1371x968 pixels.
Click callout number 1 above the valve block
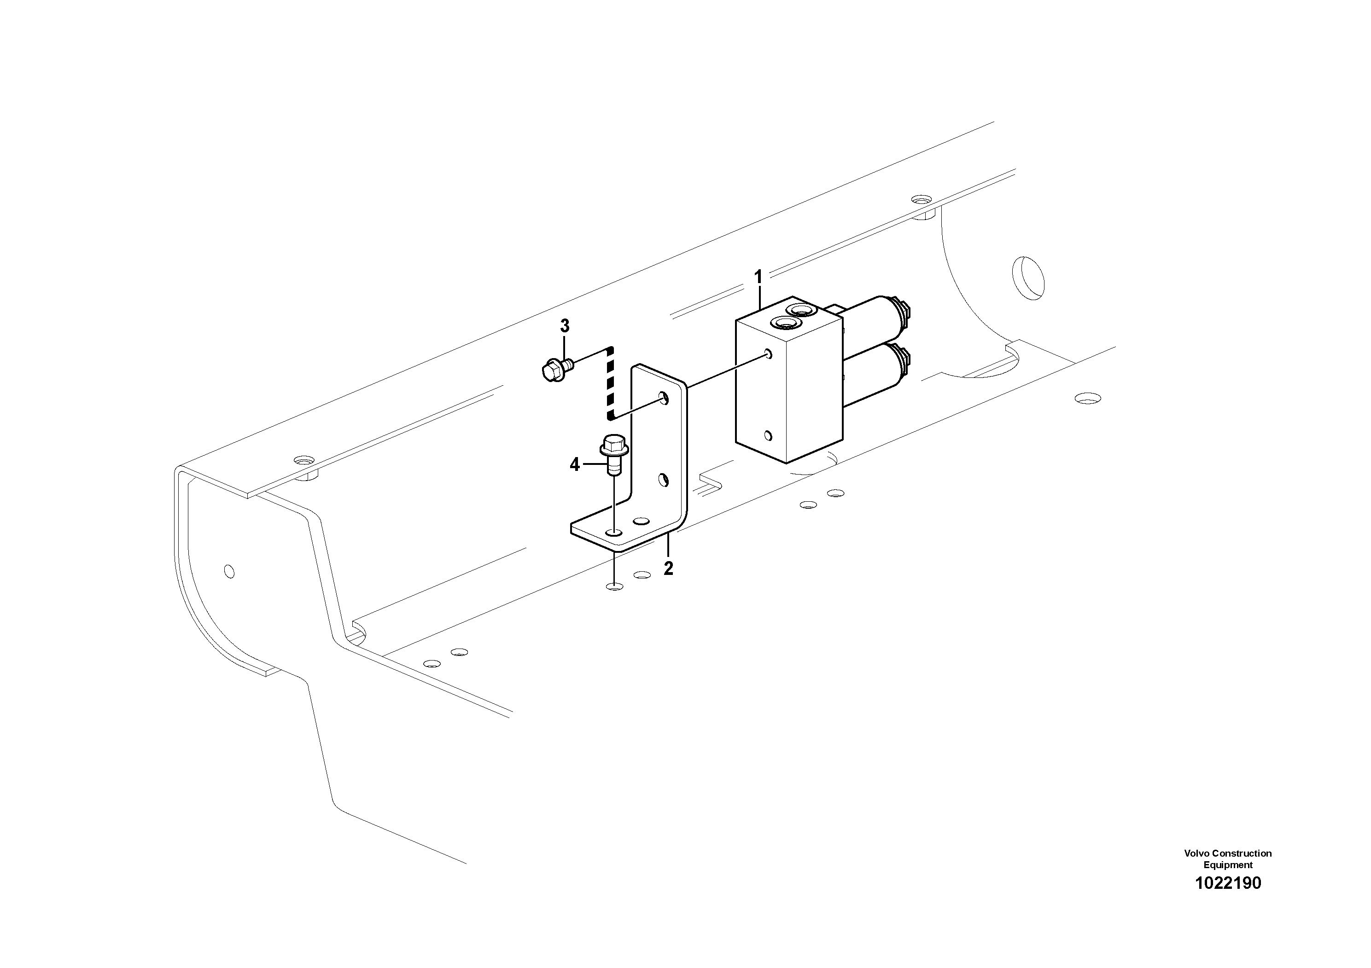pos(758,277)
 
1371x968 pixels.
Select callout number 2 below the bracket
pos(668,568)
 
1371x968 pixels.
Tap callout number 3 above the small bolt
pos(564,326)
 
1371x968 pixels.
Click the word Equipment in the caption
pos(1228,865)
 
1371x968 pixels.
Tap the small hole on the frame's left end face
pos(229,571)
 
